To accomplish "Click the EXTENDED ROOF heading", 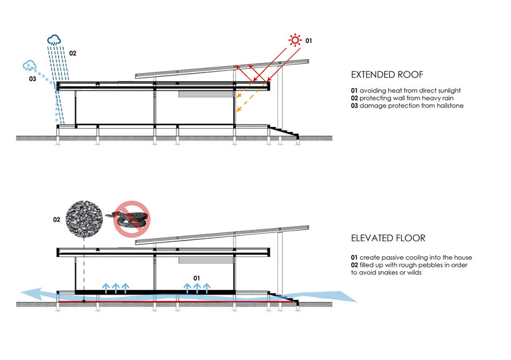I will point(382,75).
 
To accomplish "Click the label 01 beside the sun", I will point(308,41).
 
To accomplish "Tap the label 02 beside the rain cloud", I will point(72,53).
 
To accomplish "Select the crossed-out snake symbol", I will point(132,219).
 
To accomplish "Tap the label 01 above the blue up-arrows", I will point(197,277).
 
